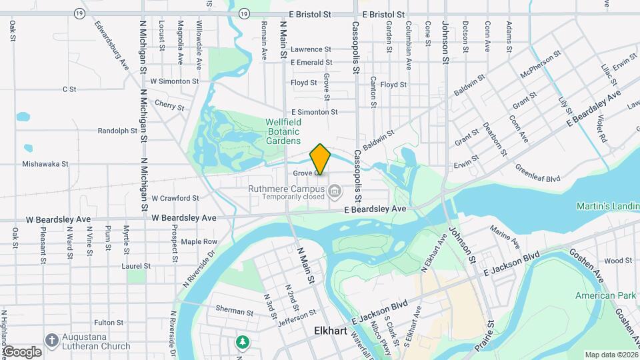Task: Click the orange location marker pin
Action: tap(320, 159)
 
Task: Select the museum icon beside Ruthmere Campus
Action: tap(335, 193)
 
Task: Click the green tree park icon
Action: tap(243, 342)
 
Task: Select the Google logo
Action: tap(21, 351)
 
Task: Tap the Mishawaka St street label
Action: tap(45, 163)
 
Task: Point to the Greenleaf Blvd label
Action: tap(539, 178)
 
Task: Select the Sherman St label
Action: tap(234, 311)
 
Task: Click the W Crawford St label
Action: tap(175, 198)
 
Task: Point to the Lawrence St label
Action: tap(311, 49)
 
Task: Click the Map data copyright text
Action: tap(610, 354)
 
